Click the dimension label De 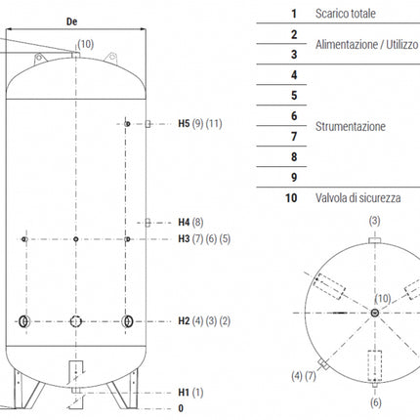pyautogui.click(x=71, y=20)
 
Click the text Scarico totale pyautogui.click(x=348, y=14)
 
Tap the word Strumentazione pyautogui.click(x=351, y=126)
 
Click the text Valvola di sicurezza pyautogui.click(x=357, y=197)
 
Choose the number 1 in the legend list pyautogui.click(x=293, y=14)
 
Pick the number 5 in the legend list pyautogui.click(x=293, y=96)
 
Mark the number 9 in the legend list pyautogui.click(x=293, y=177)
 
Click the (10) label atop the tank pyautogui.click(x=86, y=44)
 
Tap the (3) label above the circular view pyautogui.click(x=374, y=222)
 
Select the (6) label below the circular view pyautogui.click(x=375, y=401)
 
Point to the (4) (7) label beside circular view pyautogui.click(x=304, y=375)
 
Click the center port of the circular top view pyautogui.click(x=375, y=313)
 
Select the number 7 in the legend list pyautogui.click(x=293, y=137)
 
